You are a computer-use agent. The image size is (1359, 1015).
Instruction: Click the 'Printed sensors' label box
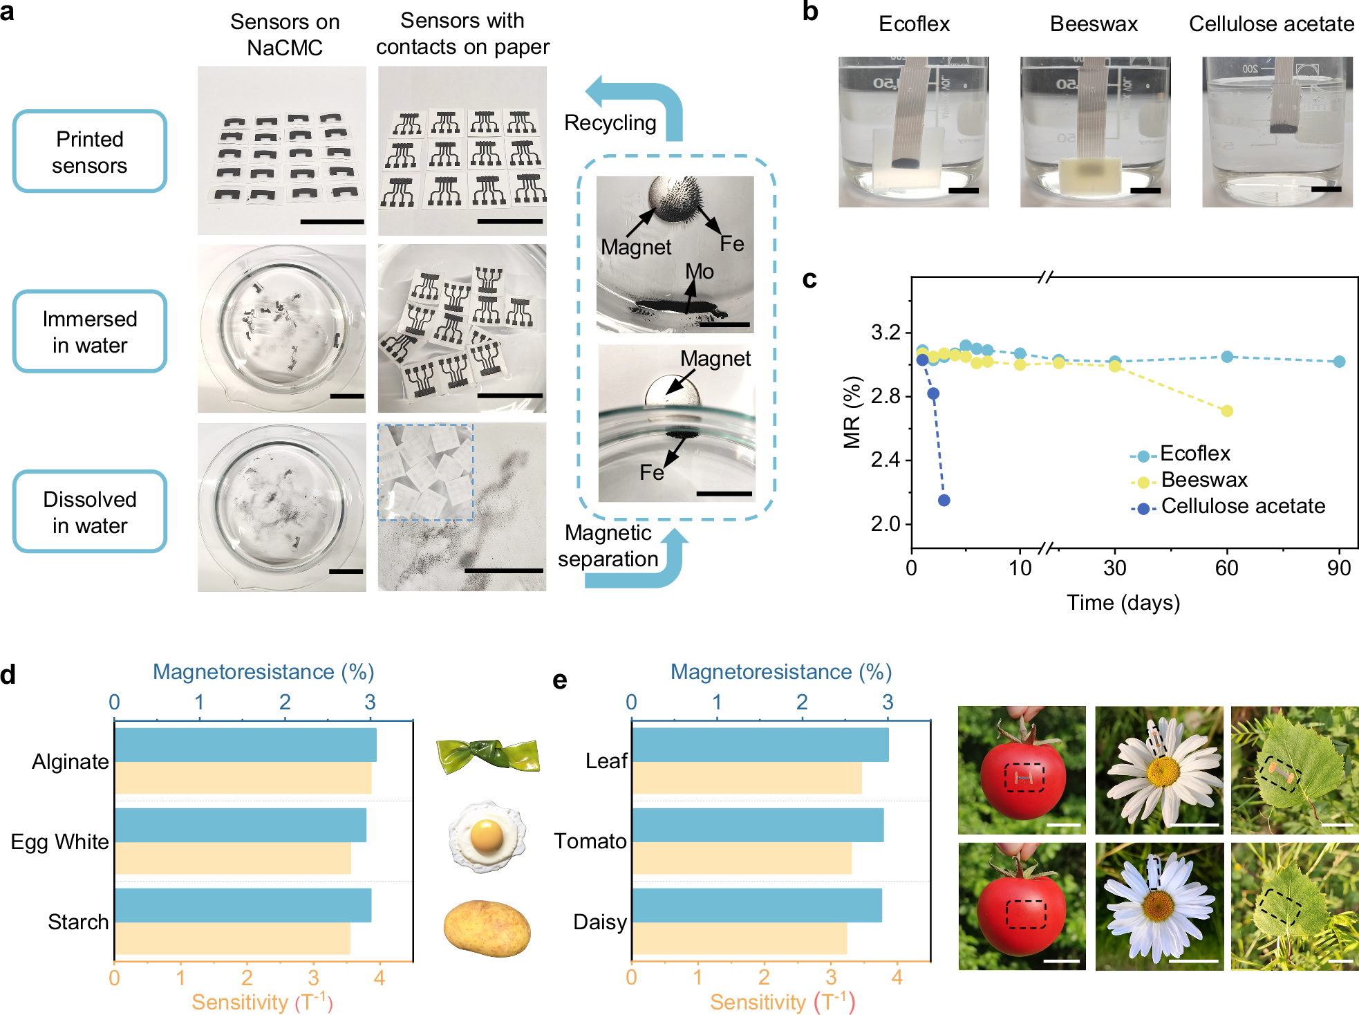point(90,151)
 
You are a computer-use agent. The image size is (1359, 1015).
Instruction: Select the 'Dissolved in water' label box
point(90,512)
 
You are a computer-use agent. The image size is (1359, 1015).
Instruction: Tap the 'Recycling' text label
point(610,122)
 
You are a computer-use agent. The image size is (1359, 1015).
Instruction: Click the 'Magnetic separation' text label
point(608,546)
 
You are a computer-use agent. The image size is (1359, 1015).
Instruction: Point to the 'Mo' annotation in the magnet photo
point(699,272)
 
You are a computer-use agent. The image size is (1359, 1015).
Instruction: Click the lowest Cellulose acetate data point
point(944,500)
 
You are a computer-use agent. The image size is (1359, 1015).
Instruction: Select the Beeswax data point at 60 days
point(1227,411)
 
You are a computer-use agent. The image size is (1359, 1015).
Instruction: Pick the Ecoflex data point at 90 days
point(1339,362)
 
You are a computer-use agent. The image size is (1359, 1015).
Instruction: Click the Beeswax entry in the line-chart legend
point(1203,480)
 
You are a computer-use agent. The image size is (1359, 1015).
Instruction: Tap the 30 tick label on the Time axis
point(1114,568)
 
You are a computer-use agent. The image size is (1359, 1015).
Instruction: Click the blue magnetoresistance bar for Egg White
point(241,825)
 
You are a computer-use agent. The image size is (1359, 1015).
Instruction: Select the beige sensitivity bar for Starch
point(232,938)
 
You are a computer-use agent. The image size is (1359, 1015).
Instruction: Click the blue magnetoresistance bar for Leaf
point(760,745)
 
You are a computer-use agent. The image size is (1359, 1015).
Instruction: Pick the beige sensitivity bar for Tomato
point(741,857)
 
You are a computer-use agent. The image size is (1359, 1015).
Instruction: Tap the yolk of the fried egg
point(487,835)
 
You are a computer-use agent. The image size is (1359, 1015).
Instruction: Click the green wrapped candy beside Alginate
point(488,755)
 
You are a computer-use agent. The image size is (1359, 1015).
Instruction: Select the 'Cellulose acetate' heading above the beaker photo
point(1271,24)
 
